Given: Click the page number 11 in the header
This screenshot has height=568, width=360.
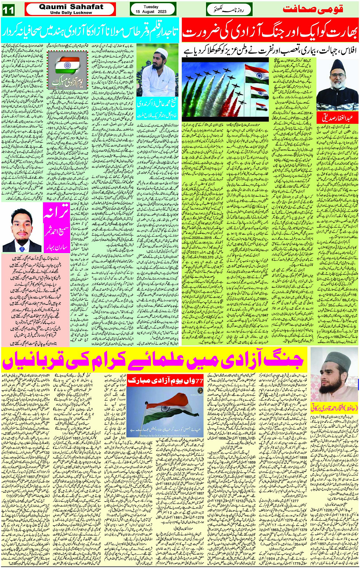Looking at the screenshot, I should pyautogui.click(x=8, y=10).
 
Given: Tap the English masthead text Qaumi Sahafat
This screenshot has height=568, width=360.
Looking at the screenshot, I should pyautogui.click(x=71, y=7).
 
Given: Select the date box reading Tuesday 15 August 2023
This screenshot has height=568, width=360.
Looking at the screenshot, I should pyautogui.click(x=152, y=9).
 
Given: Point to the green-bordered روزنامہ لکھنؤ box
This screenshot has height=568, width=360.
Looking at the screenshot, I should pyautogui.click(x=229, y=9).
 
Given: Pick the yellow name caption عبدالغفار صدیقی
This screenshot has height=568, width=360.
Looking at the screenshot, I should pyautogui.click(x=337, y=117).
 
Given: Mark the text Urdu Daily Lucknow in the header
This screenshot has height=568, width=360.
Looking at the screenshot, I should pyautogui.click(x=71, y=13).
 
